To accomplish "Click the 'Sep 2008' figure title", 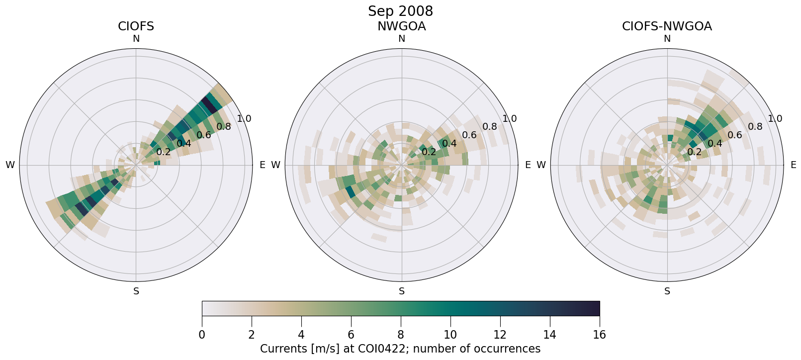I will [x=400, y=11].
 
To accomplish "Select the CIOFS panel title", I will [x=136, y=26].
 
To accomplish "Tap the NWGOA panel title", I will [x=401, y=26].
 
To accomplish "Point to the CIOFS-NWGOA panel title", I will [x=667, y=26].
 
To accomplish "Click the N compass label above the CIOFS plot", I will [x=136, y=39].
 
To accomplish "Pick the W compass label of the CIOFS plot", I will [x=10, y=165].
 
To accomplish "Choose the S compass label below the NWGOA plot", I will [x=401, y=291].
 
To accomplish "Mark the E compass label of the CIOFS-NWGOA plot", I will [x=793, y=165].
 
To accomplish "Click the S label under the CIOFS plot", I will [x=136, y=291].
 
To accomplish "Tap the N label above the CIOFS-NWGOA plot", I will [x=667, y=39].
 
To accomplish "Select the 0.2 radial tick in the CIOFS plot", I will [x=163, y=152].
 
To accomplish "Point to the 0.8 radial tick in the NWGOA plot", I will [x=489, y=126].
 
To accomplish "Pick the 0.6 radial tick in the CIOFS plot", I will [x=203, y=135].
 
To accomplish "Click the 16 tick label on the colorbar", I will [x=599, y=335].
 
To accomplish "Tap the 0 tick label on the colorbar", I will [x=202, y=335].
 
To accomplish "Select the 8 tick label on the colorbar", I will [x=401, y=335].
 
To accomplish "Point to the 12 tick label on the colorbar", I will [x=500, y=335].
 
